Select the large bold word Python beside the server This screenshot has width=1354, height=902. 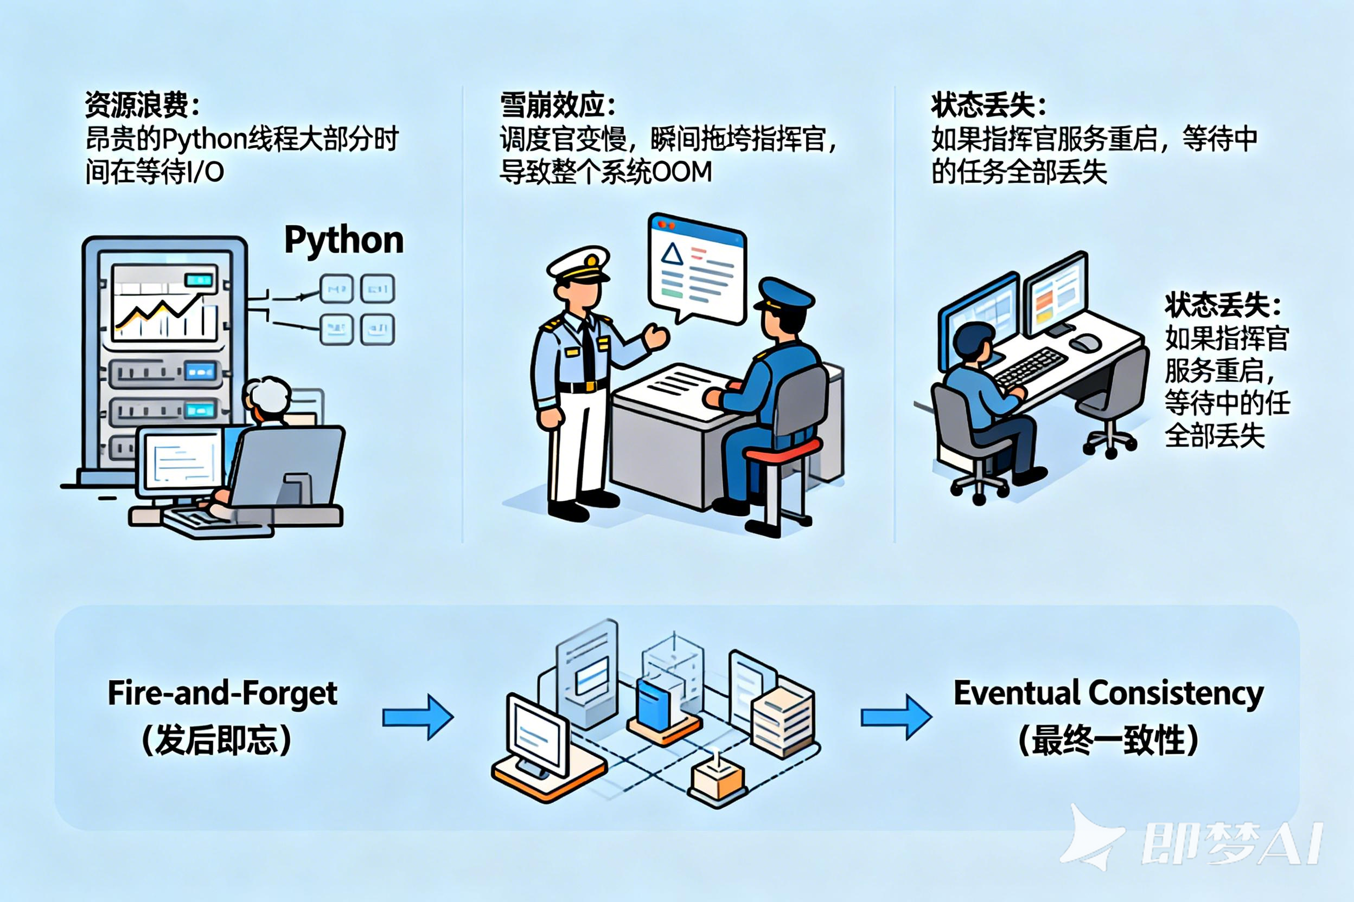coord(344,240)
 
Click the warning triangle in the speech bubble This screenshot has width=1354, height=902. coord(671,254)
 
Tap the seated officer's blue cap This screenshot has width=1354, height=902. coord(784,294)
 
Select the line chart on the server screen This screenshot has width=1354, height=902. coord(164,311)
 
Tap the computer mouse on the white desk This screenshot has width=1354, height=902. coord(1084,344)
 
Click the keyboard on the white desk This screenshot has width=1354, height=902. coord(1031,366)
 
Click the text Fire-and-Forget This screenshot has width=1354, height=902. coord(222,693)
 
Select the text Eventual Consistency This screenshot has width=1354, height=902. coord(1108,693)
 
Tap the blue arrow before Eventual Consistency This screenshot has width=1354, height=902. coord(896,717)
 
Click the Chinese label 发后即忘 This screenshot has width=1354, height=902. coord(216,740)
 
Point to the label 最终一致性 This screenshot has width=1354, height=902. coord(1108,740)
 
